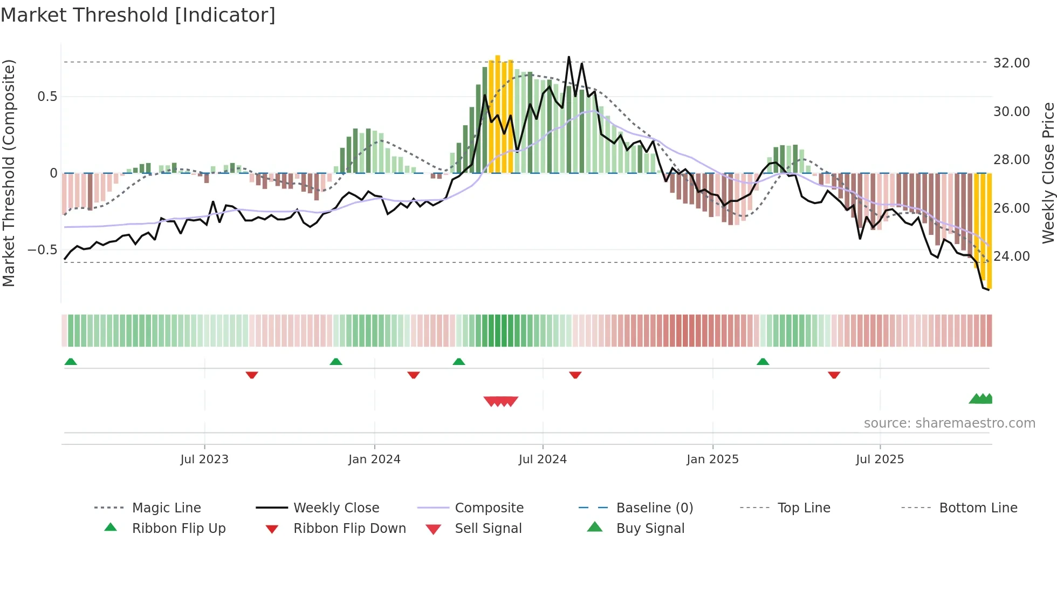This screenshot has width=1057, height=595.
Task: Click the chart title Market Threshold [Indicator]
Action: pyautogui.click(x=138, y=15)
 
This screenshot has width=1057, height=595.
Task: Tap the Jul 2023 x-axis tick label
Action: pyautogui.click(x=204, y=459)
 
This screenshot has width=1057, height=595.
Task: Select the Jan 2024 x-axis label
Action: pyautogui.click(x=374, y=459)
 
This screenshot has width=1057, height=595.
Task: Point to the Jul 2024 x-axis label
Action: pyautogui.click(x=543, y=459)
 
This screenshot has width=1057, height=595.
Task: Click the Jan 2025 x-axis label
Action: pyautogui.click(x=712, y=459)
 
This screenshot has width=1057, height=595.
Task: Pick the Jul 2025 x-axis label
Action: pyautogui.click(x=880, y=459)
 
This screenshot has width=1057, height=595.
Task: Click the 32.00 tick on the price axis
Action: pyautogui.click(x=1012, y=63)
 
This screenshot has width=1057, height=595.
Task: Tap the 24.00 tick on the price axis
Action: pyautogui.click(x=1012, y=256)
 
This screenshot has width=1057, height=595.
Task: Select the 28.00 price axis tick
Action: pyautogui.click(x=1012, y=160)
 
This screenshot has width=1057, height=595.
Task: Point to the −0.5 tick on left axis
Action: pyautogui.click(x=43, y=250)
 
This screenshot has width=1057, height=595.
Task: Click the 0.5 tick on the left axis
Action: pyautogui.click(x=47, y=97)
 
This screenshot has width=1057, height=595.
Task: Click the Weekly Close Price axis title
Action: pyautogui.click(x=1048, y=173)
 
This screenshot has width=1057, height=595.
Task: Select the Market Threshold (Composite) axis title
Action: pyautogui.click(x=9, y=173)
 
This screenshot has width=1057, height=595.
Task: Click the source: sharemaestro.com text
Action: pyautogui.click(x=949, y=423)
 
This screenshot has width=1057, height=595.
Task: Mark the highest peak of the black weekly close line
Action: pyautogui.click(x=568, y=57)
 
